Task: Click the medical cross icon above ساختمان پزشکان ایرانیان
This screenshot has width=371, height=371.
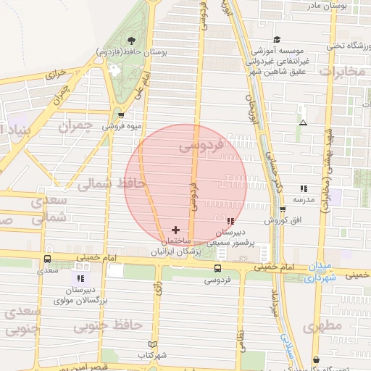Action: (x=175, y=229)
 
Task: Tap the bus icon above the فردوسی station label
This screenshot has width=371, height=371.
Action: (x=217, y=268)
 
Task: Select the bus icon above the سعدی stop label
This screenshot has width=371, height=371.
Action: (x=47, y=259)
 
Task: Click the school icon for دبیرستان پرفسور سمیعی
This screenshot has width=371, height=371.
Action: (x=230, y=221)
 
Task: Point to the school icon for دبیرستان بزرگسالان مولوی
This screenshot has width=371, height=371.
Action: (x=80, y=278)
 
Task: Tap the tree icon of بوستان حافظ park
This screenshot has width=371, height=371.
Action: (x=130, y=41)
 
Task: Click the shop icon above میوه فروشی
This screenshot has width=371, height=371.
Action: (x=120, y=114)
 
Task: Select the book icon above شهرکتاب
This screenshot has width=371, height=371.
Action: (x=151, y=344)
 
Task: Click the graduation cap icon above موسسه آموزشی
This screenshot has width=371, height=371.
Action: (x=277, y=40)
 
